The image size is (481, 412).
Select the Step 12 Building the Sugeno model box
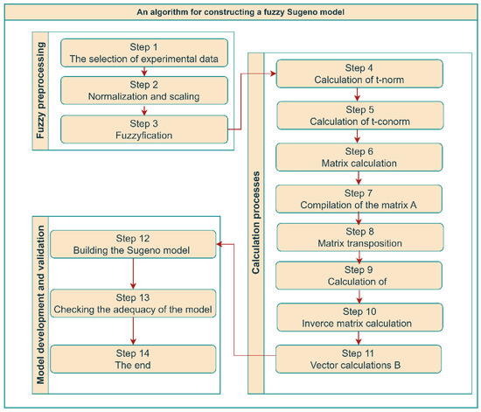[132, 245]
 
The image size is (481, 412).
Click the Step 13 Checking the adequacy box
[132, 303]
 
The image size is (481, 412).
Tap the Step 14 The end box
[132, 360]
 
